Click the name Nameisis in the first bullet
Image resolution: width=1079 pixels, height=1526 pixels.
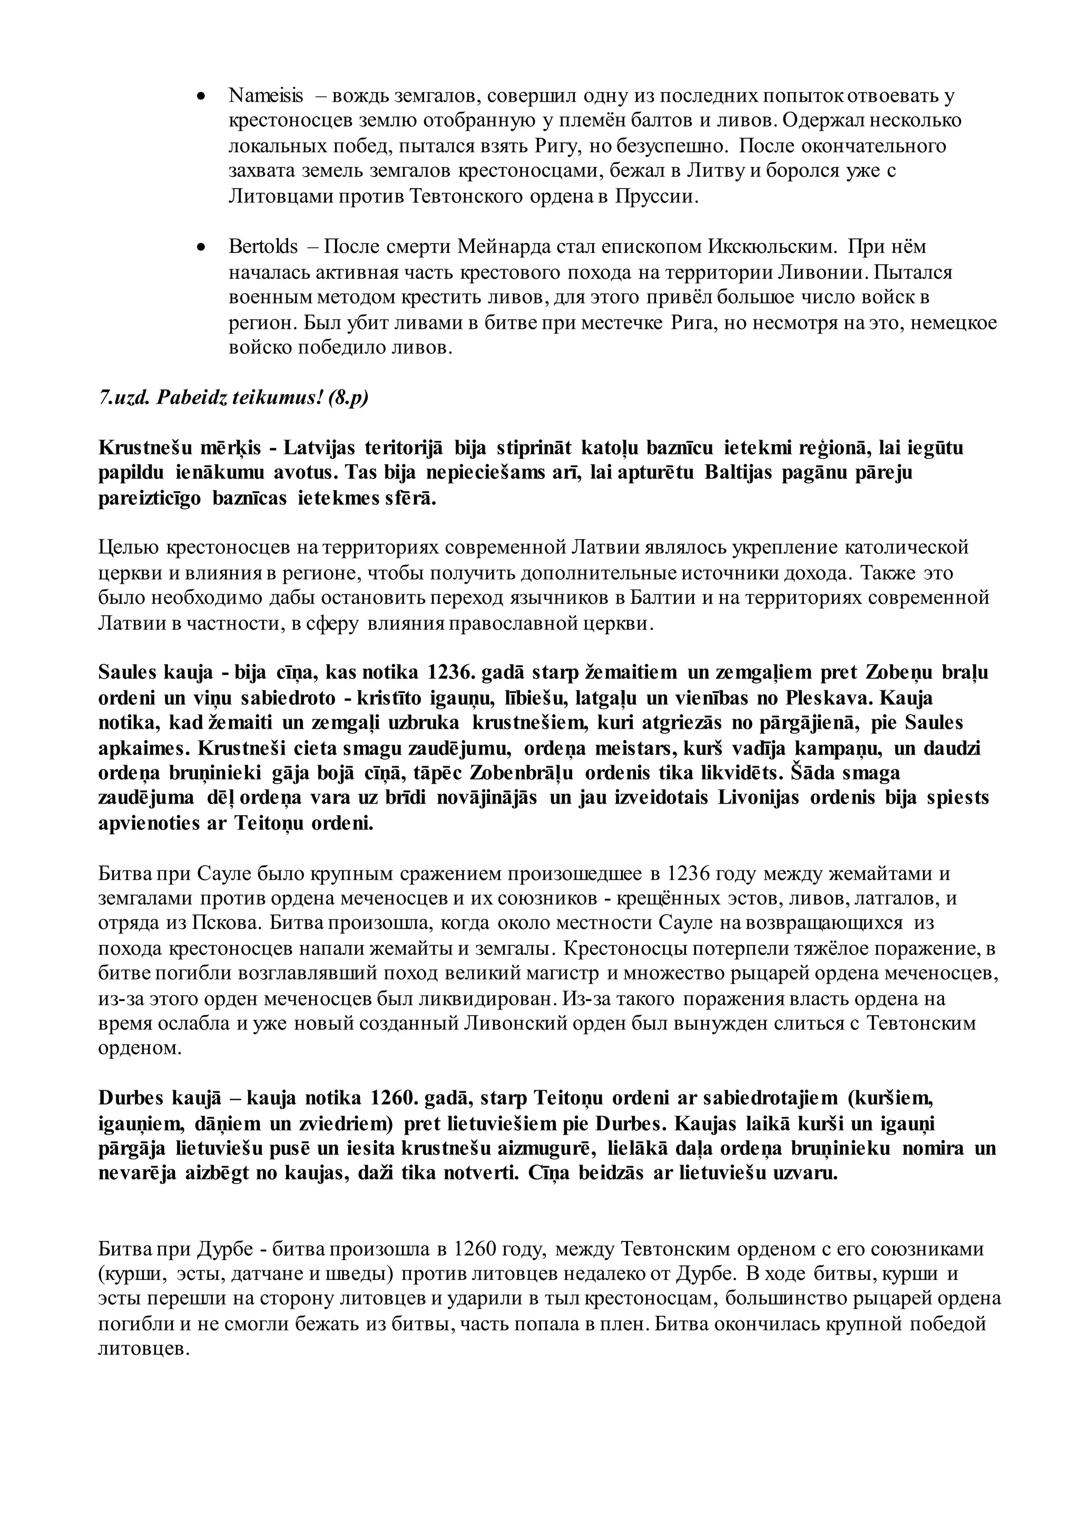pyautogui.click(x=266, y=96)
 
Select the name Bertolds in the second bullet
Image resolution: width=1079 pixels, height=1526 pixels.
pyautogui.click(x=263, y=247)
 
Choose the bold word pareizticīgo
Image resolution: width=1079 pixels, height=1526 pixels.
pyautogui.click(x=150, y=498)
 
